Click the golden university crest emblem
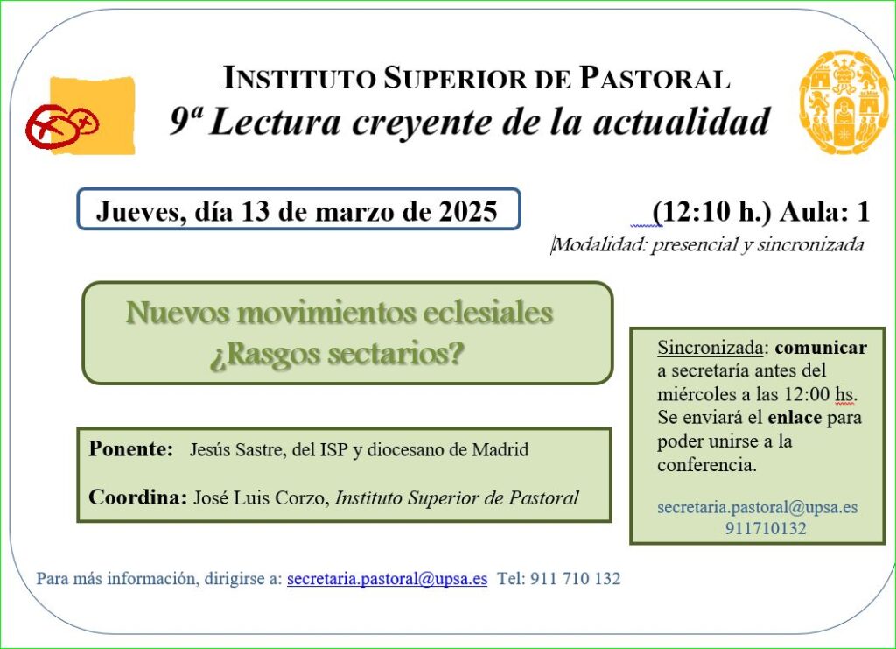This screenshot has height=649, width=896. tap(843, 102)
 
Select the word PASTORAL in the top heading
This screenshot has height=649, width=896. tap(654, 78)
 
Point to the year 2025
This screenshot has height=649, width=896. tap(468, 211)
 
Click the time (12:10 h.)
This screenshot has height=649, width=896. tap(711, 212)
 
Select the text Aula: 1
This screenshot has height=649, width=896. tap(824, 212)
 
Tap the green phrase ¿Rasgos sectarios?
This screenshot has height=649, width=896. tap(337, 355)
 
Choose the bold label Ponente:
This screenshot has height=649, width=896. tap(131, 448)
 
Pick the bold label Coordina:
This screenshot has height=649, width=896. tap(137, 497)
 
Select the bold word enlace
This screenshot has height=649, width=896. tap(794, 418)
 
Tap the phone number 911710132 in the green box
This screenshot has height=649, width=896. tap(766, 528)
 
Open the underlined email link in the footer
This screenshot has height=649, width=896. tap(388, 579)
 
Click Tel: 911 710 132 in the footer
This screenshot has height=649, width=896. tap(559, 579)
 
